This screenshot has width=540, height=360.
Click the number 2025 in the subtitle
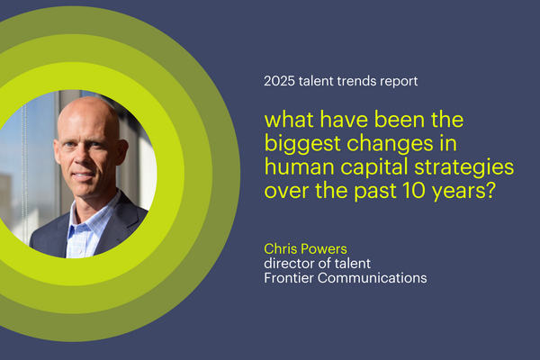tap(279, 81)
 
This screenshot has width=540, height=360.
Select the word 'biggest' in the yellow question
tap(302, 144)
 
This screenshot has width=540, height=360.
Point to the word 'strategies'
tap(463, 167)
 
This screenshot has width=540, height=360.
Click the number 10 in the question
tap(414, 190)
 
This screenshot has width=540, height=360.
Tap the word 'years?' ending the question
tap(464, 192)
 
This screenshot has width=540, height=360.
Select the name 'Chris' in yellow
tap(278, 248)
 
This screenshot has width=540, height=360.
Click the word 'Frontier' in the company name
tap(289, 278)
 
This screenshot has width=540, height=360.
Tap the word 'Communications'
tap(372, 278)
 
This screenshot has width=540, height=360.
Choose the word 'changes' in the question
tap(390, 144)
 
